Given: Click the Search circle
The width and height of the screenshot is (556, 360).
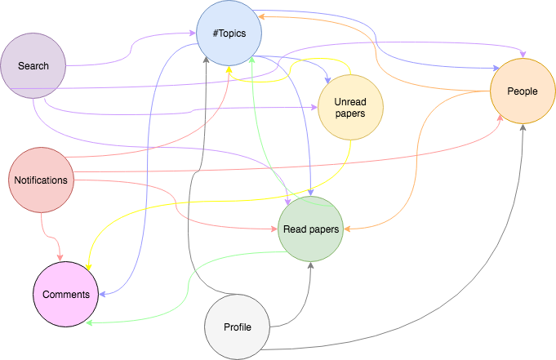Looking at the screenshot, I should [x=33, y=65].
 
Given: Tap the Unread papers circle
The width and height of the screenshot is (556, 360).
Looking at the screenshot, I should [x=350, y=109].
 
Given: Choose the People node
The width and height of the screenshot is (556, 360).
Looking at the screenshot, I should [x=522, y=91].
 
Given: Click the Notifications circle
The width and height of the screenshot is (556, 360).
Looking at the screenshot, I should [x=41, y=180].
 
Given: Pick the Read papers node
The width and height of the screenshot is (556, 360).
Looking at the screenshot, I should [x=310, y=229].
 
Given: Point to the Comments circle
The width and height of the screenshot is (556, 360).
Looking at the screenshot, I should [x=66, y=294].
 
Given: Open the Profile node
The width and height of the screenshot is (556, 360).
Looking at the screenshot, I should [x=237, y=327].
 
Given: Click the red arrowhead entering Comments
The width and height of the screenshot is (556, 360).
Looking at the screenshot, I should [x=60, y=259].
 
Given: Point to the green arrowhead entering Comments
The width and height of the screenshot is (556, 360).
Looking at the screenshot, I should [x=88, y=322].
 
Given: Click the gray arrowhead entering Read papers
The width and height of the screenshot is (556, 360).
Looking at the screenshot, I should [x=310, y=264].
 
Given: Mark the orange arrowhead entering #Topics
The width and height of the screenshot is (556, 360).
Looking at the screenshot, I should [x=263, y=16].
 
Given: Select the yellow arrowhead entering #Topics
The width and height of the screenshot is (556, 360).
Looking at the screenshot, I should [x=229, y=69].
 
